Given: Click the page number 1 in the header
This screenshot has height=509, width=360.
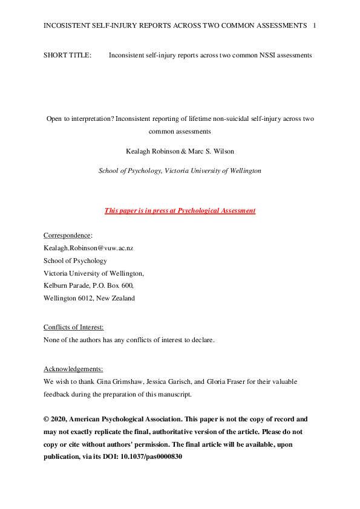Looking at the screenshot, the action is click(315, 25).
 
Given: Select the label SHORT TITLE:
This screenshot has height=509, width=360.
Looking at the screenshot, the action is click(67, 56).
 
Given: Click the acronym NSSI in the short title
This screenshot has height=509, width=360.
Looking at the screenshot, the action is click(262, 56).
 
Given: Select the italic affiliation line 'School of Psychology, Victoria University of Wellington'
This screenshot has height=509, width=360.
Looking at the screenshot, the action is click(180, 170).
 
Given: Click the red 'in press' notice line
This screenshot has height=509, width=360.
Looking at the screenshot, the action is click(180, 210).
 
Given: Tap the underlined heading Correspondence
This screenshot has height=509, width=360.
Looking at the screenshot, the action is click(67, 235).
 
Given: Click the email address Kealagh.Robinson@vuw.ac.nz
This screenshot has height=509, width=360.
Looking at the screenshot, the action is click(88, 248).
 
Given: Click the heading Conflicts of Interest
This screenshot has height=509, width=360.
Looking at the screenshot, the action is click(73, 327).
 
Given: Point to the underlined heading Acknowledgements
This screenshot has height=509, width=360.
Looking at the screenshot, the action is click(73, 369).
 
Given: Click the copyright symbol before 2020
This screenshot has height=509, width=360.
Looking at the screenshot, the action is click(47, 419).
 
